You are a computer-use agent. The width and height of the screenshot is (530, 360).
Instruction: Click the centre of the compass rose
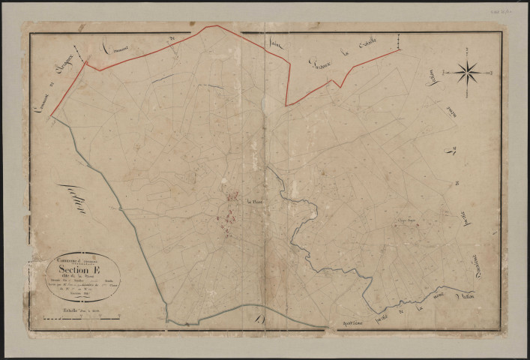point(466,73)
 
